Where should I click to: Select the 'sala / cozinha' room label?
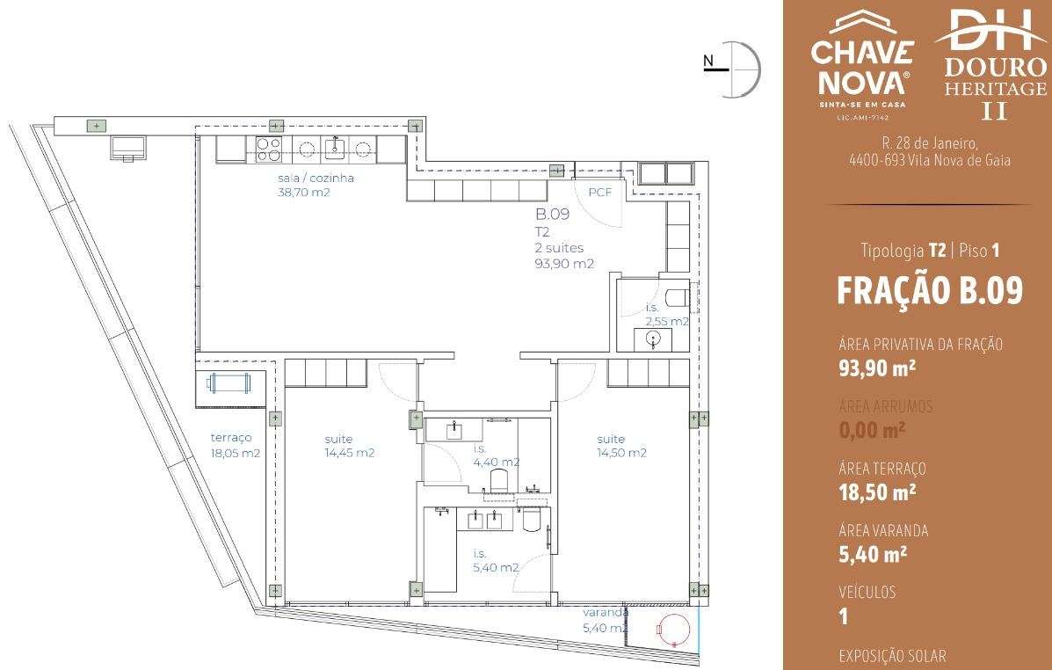tap(315, 185)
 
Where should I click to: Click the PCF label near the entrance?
tap(599, 192)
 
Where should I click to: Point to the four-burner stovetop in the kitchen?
tap(269, 150)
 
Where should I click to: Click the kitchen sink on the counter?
tap(335, 149)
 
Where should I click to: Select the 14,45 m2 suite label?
tap(350, 446)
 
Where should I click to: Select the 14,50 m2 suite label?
tap(621, 446)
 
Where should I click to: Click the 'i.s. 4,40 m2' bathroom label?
tap(495, 455)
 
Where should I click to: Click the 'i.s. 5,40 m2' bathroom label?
tap(495, 560)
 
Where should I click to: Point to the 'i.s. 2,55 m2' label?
tap(666, 315)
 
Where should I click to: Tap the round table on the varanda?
tap(676, 630)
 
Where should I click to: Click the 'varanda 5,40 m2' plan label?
tap(606, 620)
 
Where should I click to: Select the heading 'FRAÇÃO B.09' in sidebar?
tap(930, 291)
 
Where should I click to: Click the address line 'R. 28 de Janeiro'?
tap(930, 143)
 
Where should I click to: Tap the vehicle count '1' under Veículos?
tap(844, 616)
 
